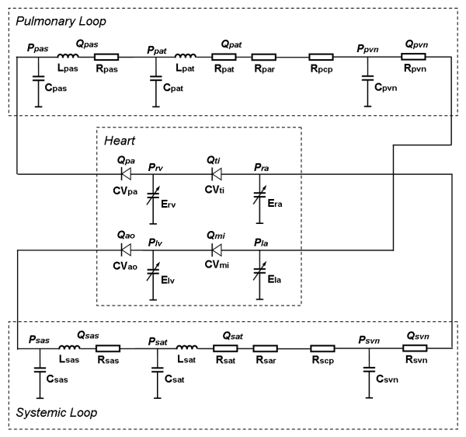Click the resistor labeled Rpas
pos(107,58)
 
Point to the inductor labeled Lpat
pos(186,58)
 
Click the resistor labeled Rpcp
pos(322,58)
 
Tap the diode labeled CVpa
pos(124,175)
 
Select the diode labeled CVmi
pos(215,250)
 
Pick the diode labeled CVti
pos(215,175)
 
